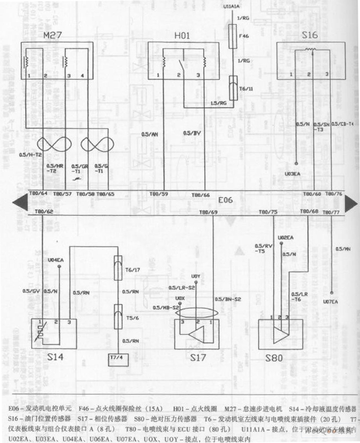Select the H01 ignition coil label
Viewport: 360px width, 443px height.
click(182, 36)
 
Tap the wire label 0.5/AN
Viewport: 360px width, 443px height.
click(149, 133)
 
